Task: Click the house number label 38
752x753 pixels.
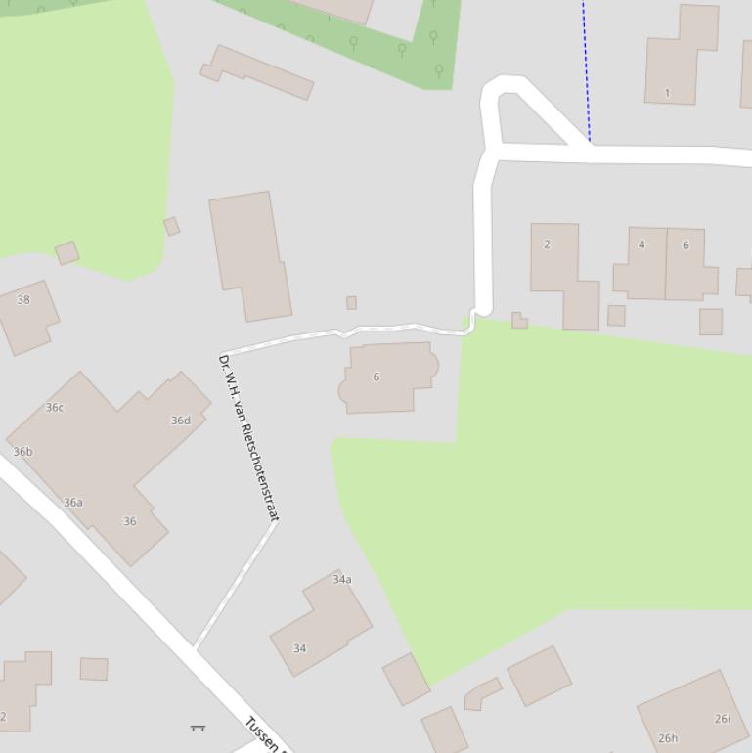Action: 23,300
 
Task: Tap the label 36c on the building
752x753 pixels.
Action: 55,408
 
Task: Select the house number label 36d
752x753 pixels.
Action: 181,421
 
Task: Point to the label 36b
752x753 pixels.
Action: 22,452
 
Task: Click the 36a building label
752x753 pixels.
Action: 73,503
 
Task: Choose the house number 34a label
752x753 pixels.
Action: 341,580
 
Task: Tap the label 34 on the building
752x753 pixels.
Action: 300,648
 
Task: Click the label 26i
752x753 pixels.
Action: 722,719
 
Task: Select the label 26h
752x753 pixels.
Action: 668,738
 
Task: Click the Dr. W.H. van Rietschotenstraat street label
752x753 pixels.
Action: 248,437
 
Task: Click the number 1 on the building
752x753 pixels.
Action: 667,94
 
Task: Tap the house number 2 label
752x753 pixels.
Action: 547,244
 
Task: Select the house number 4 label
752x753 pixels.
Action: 641,244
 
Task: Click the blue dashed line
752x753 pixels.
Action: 587,68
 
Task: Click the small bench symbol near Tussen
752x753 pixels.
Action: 198,728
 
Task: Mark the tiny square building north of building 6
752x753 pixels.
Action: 351,303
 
